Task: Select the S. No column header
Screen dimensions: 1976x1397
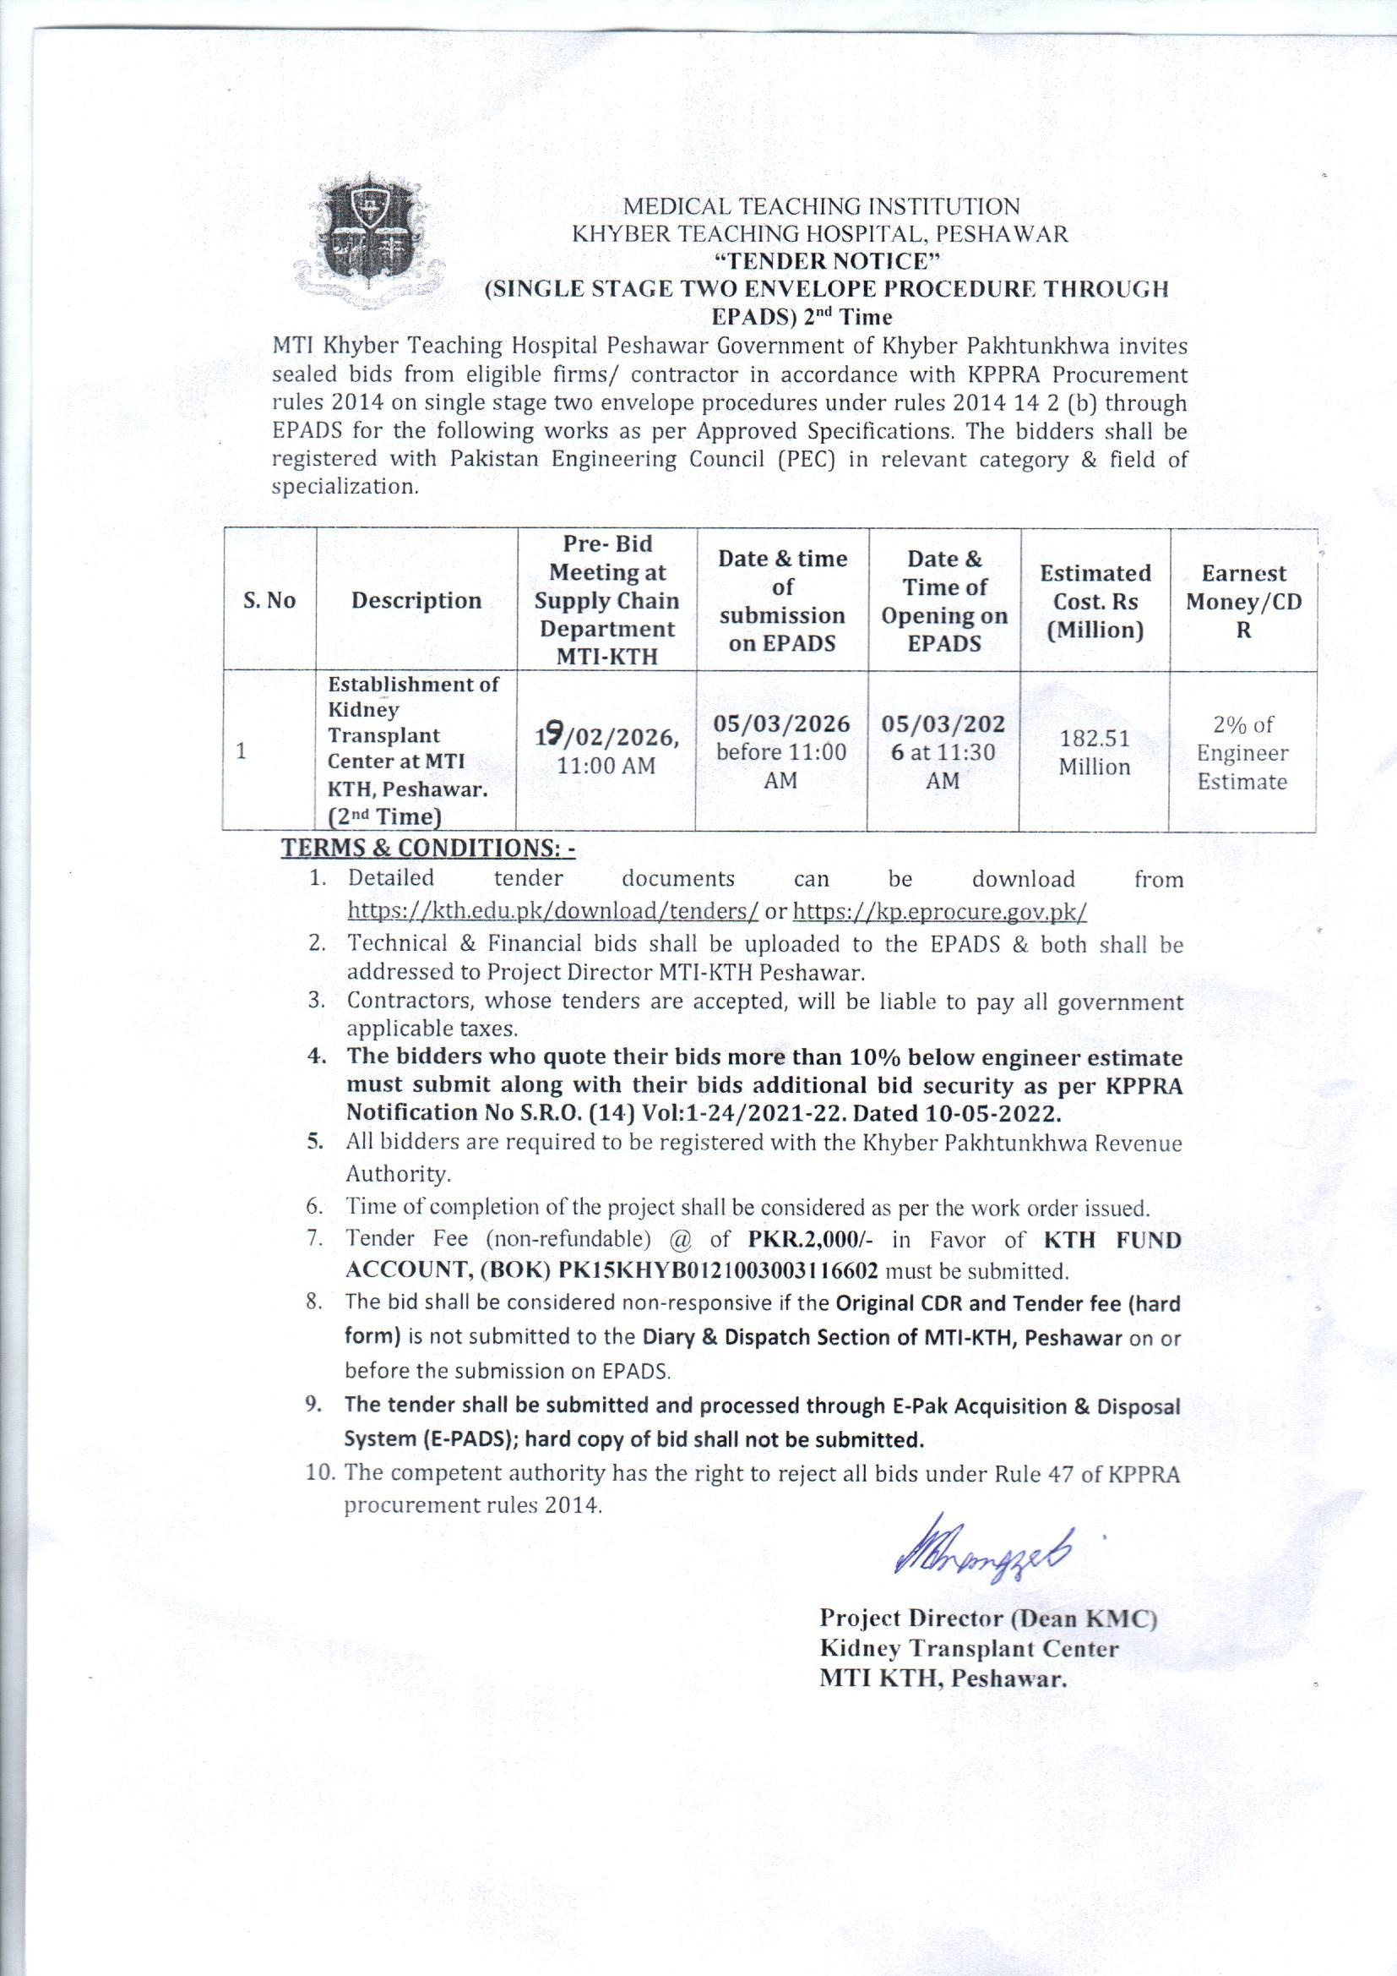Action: point(269,601)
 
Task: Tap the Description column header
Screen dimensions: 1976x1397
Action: point(416,601)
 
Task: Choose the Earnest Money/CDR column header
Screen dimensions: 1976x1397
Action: point(1243,601)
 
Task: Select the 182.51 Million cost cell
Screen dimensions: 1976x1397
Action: point(1094,752)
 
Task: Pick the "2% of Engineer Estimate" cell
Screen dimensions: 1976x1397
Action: point(1242,752)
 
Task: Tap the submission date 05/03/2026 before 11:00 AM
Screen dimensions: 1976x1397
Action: point(781,751)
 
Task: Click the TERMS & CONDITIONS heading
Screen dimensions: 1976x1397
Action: point(428,849)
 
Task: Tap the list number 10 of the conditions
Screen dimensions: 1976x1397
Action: point(320,1472)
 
